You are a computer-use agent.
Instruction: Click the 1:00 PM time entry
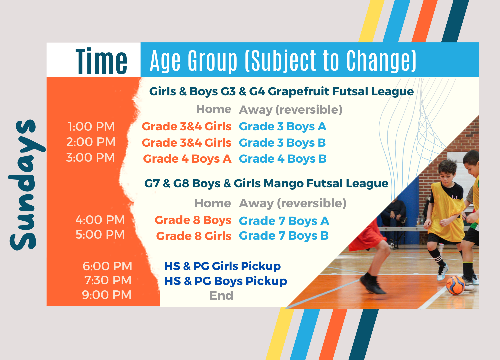click(91, 127)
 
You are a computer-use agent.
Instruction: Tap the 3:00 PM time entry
click(91, 157)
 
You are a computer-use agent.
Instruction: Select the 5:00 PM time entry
click(100, 234)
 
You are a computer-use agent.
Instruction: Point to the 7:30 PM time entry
click(108, 280)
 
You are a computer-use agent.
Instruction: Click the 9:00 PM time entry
click(107, 295)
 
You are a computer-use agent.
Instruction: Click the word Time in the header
click(101, 61)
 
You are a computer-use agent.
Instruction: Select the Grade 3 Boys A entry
click(283, 127)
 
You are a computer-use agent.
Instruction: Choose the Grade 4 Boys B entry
click(283, 159)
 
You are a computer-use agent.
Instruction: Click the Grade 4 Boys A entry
click(187, 159)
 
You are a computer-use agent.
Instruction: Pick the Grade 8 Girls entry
click(194, 236)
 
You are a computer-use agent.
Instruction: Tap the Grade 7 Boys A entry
click(284, 221)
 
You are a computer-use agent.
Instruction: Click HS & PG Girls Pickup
click(222, 266)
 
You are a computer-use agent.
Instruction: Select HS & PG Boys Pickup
click(225, 281)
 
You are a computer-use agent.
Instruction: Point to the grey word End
click(221, 295)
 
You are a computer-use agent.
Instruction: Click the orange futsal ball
click(455, 285)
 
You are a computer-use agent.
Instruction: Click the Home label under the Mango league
click(213, 203)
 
